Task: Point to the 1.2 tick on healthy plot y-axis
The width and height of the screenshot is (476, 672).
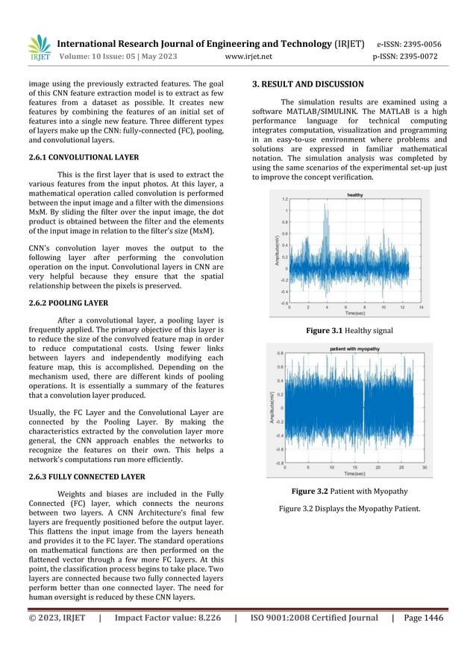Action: [x=284, y=200]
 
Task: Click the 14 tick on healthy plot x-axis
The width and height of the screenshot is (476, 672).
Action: [x=422, y=307]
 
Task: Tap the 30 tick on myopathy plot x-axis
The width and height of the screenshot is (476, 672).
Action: [x=424, y=468]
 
